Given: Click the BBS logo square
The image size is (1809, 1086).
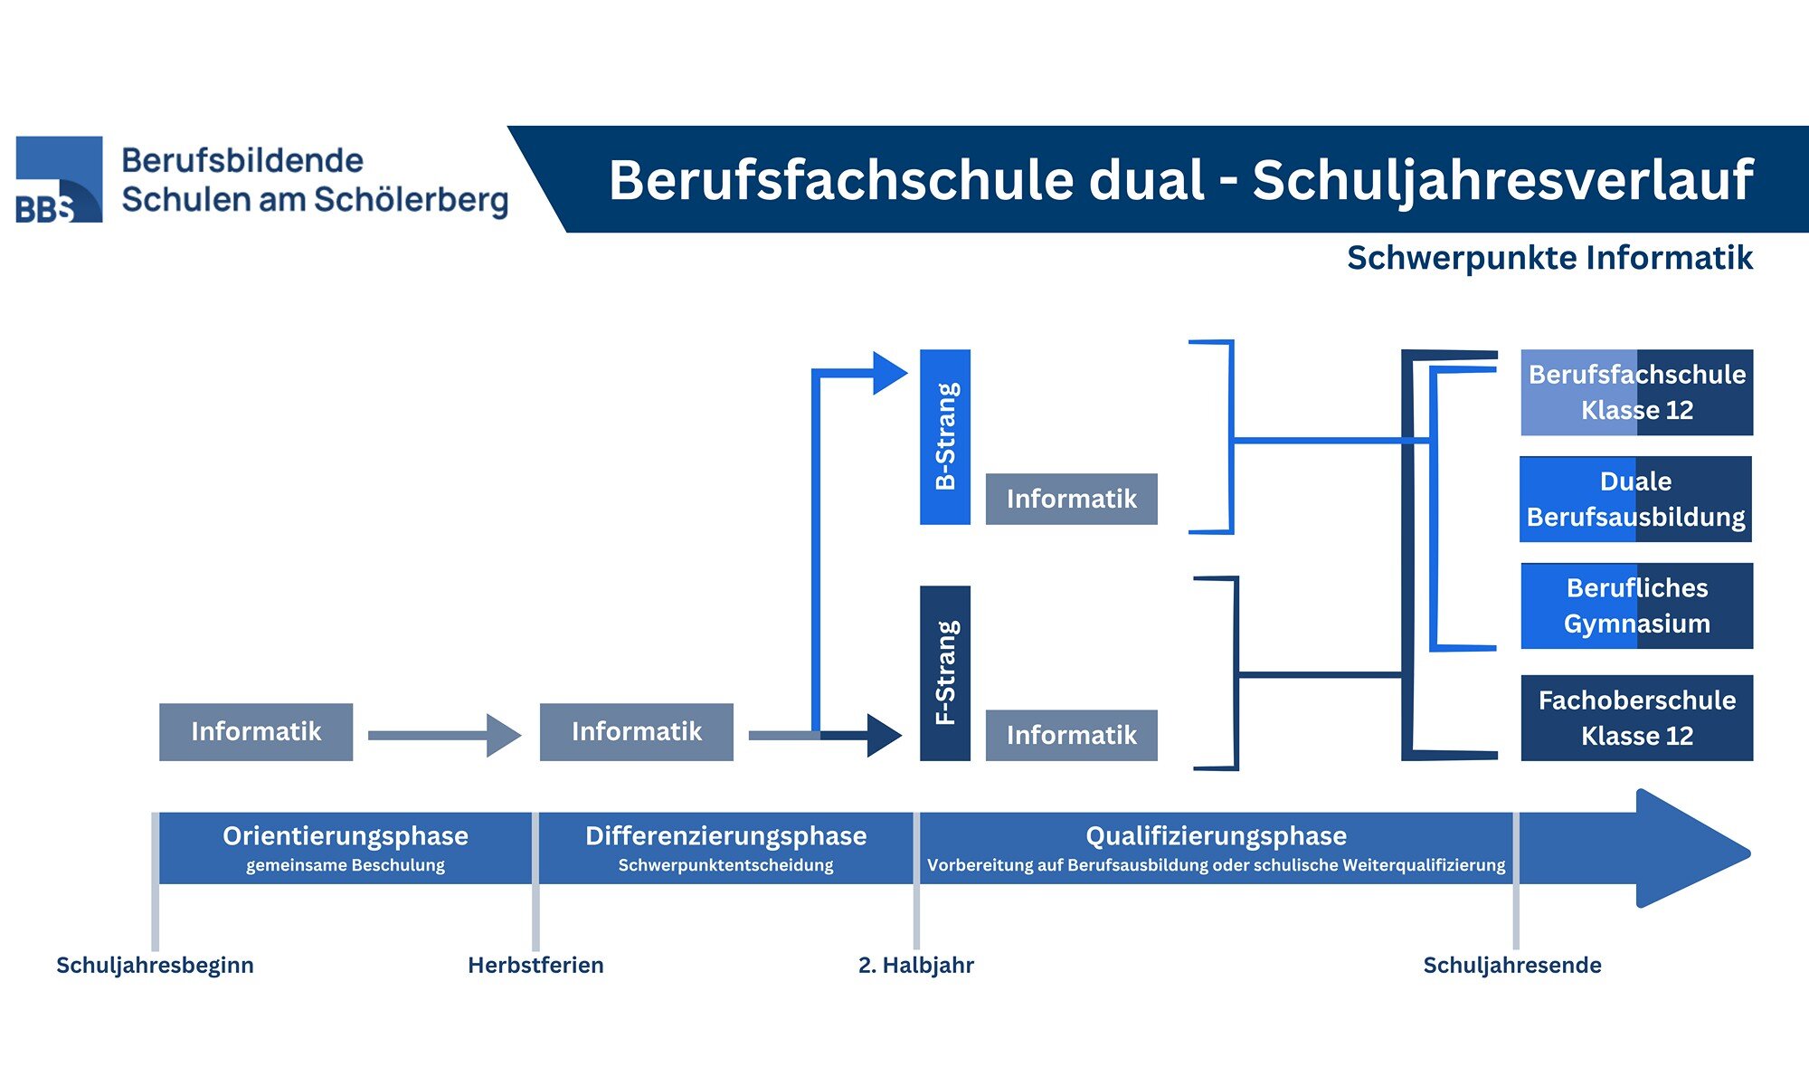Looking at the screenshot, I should coord(59,179).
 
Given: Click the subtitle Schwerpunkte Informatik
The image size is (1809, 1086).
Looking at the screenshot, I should coord(1549,258).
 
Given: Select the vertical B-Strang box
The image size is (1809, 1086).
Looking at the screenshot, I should coord(944,436).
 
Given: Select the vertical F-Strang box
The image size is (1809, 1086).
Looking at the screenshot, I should coord(944,672).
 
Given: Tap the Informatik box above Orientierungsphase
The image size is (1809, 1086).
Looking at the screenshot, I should coord(256,731).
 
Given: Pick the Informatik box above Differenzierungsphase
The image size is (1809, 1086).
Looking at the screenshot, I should coord(636,731).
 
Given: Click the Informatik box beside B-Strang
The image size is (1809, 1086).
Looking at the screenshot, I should coord(1071,499).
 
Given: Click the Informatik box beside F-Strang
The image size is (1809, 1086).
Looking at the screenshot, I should coord(1071,735).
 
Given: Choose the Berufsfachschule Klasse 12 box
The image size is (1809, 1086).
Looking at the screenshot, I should coord(1636,392).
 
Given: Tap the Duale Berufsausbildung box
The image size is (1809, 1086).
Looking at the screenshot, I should coord(1635,499).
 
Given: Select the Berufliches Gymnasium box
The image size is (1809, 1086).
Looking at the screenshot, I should coord(1636,605).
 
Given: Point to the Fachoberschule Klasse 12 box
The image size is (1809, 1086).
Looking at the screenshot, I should coord(1636,718).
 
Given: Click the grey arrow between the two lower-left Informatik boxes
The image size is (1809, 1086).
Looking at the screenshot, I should coord(443,735).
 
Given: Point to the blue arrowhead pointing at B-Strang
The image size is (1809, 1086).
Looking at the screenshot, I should coord(888,373).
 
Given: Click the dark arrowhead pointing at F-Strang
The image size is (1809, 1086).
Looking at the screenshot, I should coord(883,735).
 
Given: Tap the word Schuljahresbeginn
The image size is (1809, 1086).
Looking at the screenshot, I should coord(155,965).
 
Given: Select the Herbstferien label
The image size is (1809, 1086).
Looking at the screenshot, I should coord(535,965).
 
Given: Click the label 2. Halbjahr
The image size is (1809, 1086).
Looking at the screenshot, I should coord(915,965).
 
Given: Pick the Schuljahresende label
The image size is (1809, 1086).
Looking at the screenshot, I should coord(1511,965).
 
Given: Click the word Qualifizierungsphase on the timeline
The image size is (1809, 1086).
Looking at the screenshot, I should coord(1216,835).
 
